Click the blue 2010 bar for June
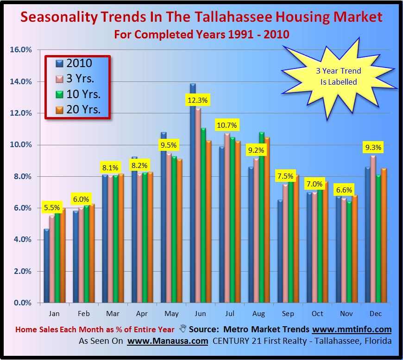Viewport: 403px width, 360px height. click(193, 194)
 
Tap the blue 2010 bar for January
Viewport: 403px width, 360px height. click(47, 266)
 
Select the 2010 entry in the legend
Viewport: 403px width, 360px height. click(74, 63)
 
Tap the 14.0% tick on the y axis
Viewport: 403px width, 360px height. click(20, 81)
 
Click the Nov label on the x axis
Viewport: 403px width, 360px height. click(346, 314)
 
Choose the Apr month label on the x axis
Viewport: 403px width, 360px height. click(142, 314)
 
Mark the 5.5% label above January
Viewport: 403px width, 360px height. click(52, 208)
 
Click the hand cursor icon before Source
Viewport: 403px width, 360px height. click(183, 329)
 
